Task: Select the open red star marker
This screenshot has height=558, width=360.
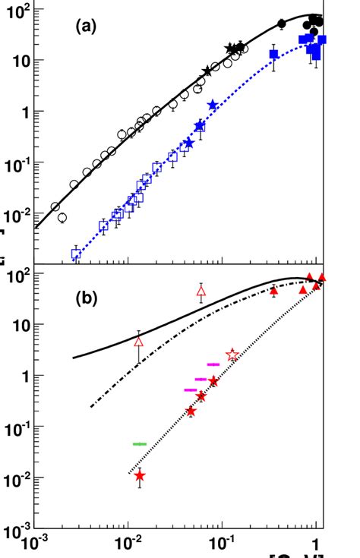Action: (x=232, y=355)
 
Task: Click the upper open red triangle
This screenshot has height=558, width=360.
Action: (x=201, y=291)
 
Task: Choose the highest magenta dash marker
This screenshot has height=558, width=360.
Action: (x=214, y=364)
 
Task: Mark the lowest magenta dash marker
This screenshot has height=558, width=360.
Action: (x=191, y=390)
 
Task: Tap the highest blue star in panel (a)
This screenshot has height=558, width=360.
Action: (x=213, y=105)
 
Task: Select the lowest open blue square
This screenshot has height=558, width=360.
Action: (x=76, y=254)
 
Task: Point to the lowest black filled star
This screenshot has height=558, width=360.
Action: (x=207, y=71)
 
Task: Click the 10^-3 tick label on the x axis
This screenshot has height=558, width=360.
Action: (x=31, y=543)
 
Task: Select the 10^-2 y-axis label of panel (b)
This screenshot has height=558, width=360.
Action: (x=17, y=478)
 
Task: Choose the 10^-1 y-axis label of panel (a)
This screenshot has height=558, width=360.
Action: (x=17, y=162)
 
